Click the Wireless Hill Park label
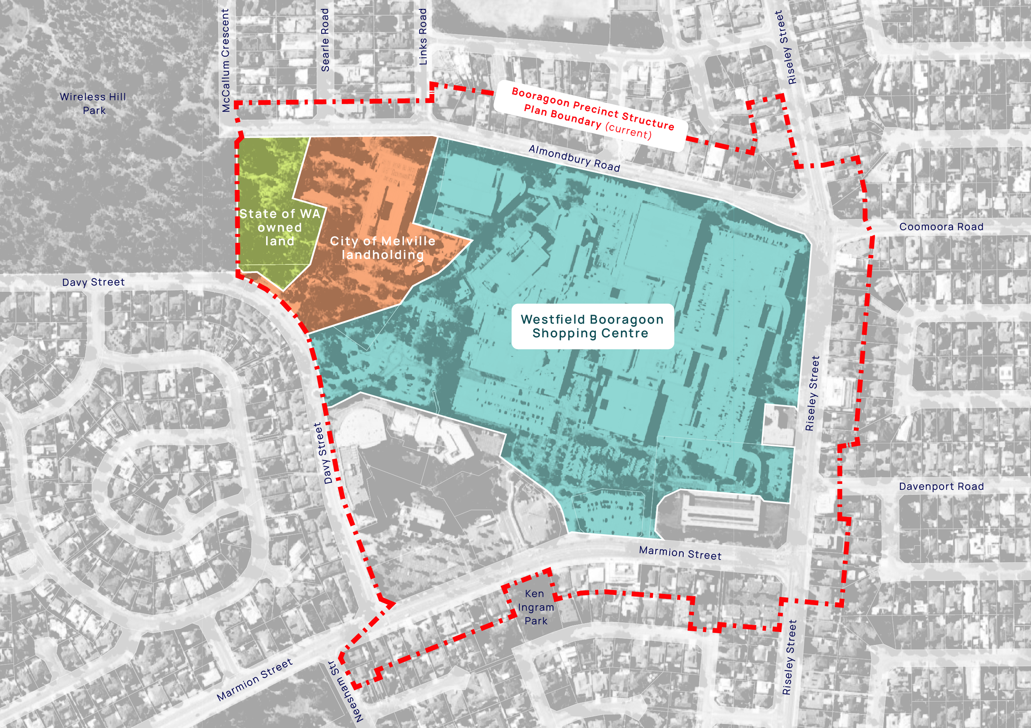point(93,103)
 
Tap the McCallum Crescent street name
point(226,60)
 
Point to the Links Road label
point(423,37)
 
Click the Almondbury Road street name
point(574,158)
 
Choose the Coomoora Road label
point(941,227)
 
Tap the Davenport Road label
point(941,487)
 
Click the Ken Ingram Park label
point(536,607)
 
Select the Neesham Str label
point(346,691)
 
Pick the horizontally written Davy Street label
point(93,282)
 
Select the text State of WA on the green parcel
point(280,214)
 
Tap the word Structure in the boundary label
point(647,119)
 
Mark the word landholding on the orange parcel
point(382,255)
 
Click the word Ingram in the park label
point(536,607)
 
